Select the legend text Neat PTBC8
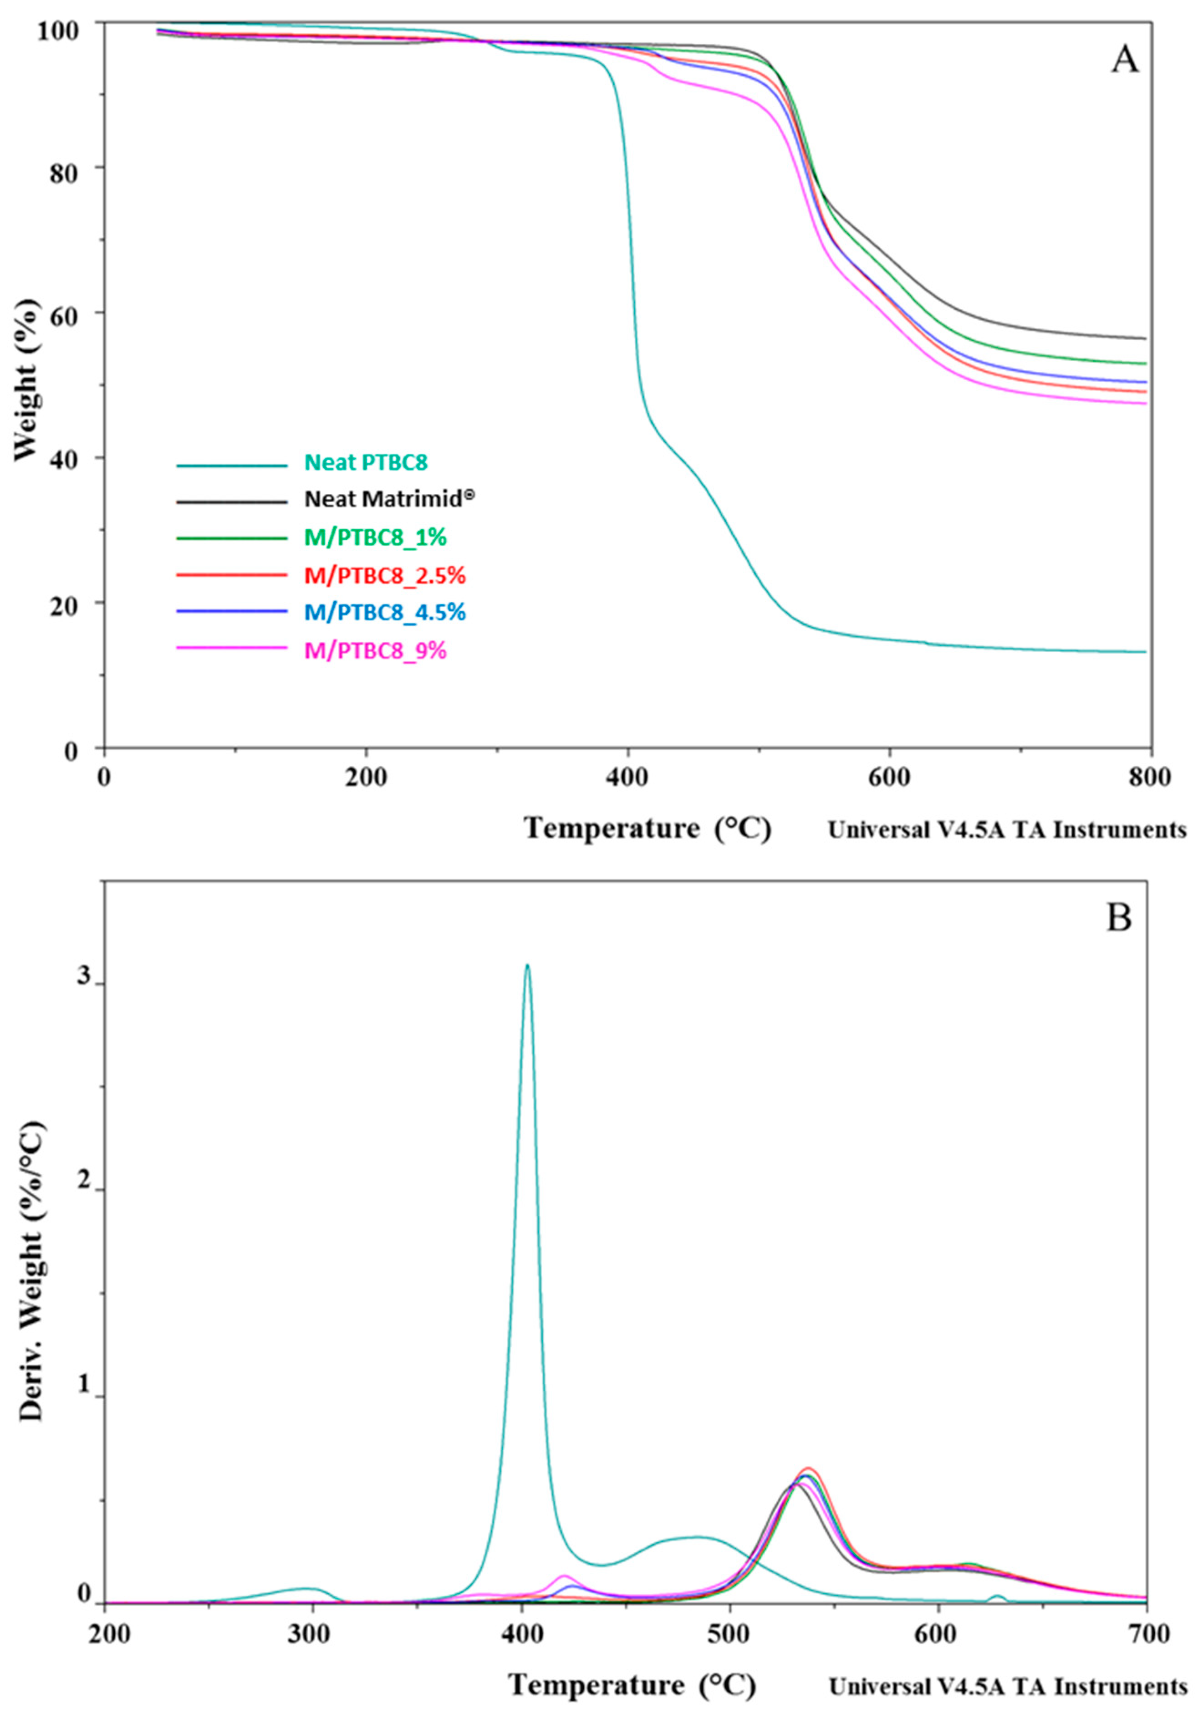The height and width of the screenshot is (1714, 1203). point(366,463)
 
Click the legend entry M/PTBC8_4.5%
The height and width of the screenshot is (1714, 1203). point(385,612)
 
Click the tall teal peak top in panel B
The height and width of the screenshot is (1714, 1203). point(528,966)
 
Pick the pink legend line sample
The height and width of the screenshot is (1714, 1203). point(231,648)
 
